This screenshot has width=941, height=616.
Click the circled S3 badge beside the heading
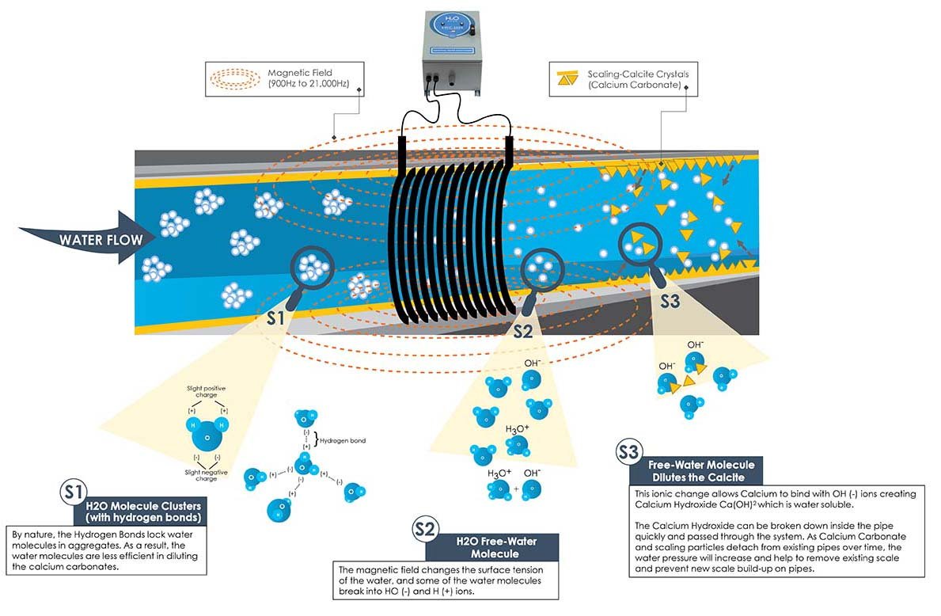[628, 454]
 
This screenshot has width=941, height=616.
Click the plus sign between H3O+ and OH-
[516, 489]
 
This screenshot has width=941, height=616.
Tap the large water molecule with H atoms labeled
[207, 435]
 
